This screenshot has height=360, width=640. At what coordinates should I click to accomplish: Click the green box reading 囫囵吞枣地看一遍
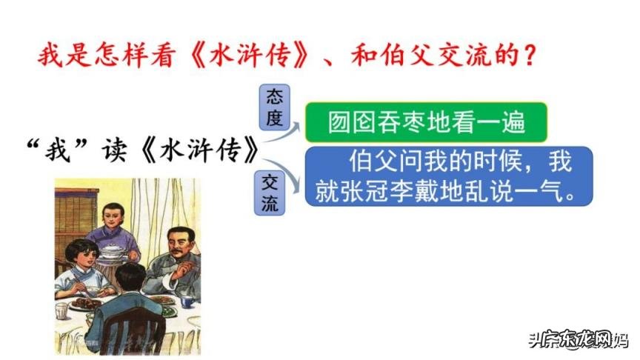pos(427,123)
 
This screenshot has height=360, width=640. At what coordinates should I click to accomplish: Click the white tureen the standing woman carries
pos(113,253)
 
